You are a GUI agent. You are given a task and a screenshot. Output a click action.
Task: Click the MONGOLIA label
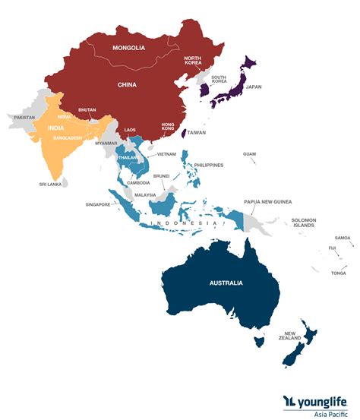coord(128,49)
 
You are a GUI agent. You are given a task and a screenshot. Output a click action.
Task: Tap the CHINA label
coord(128,85)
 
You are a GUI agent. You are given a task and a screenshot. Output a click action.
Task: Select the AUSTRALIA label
coord(226,283)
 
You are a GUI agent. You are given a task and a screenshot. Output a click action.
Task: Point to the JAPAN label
coord(254,87)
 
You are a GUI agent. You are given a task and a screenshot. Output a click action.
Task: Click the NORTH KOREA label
coord(192,63)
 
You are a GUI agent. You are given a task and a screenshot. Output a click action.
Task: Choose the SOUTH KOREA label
coord(219,78)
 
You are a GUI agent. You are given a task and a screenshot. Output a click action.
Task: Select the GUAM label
coord(249,154)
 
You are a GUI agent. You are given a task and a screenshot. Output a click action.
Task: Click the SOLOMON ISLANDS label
coord(303,223)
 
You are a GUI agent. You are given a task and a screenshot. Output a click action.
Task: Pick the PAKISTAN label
coord(25,117)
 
